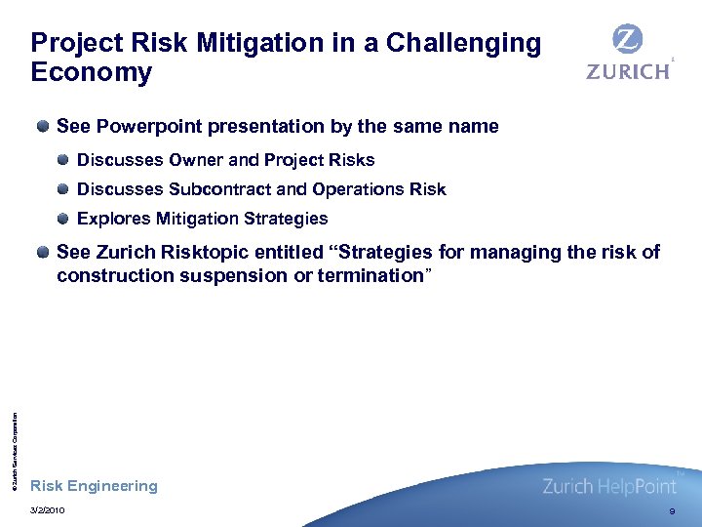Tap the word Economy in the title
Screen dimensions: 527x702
[x=92, y=73]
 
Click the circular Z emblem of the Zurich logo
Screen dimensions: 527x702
[x=628, y=40]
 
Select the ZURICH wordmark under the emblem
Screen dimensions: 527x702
[x=628, y=71]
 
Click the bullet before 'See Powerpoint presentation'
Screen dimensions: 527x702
[x=44, y=127]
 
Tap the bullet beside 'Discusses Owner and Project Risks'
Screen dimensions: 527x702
[x=63, y=160]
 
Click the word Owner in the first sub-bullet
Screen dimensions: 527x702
[x=196, y=160]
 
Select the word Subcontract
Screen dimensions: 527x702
[x=214, y=189]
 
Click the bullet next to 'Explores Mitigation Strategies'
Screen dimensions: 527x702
[x=63, y=219]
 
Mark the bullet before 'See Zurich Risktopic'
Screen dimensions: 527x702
[x=44, y=253]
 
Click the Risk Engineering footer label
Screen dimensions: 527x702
[x=94, y=486]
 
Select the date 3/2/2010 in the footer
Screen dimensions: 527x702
[x=48, y=510]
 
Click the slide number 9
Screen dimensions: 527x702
[x=672, y=511]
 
